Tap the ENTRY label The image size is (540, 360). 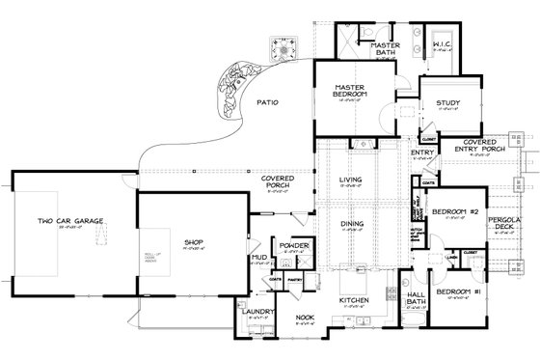pyautogui.click(x=420, y=152)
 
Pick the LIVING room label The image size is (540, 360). pyautogui.click(x=349, y=180)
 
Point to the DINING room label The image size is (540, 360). pyautogui.click(x=351, y=225)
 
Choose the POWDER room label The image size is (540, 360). pyautogui.click(x=294, y=247)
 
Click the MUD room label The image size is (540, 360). pyautogui.click(x=259, y=258)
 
